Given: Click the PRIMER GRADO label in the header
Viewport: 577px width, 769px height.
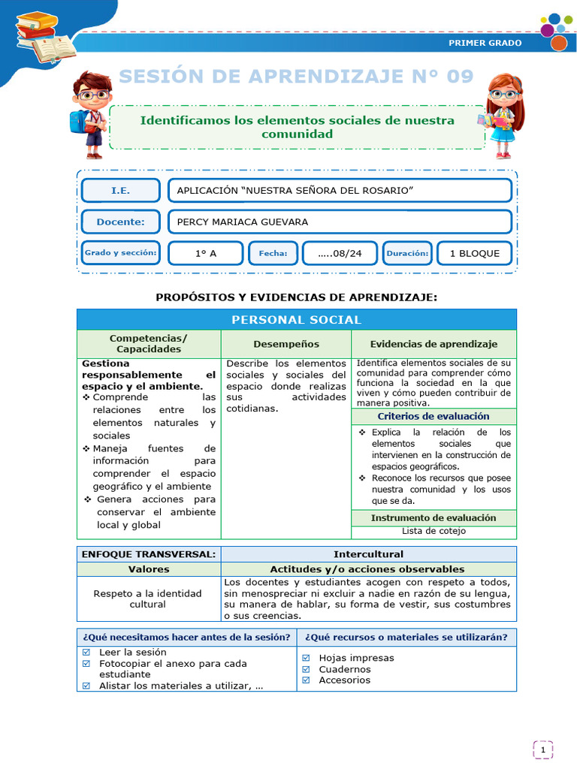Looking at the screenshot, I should [485, 43].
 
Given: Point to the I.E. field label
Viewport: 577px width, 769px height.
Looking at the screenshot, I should [120, 191].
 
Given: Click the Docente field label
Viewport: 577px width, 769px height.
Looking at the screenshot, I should [120, 222].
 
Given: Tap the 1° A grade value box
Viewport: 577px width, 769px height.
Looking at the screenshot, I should [205, 254].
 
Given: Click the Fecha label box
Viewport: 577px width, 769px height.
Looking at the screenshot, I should [273, 254].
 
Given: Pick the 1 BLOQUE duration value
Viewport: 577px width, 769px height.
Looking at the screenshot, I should [474, 254].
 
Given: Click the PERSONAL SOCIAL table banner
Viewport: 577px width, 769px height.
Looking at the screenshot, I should [296, 320].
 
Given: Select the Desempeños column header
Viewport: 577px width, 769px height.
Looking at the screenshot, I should [285, 344].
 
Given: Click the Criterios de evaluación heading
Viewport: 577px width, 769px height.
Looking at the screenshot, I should [434, 416].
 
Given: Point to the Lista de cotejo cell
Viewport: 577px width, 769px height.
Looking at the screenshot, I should [434, 531].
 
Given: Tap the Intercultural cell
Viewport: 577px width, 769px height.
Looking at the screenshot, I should [368, 554].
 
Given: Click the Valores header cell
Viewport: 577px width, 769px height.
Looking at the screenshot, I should [149, 569].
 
